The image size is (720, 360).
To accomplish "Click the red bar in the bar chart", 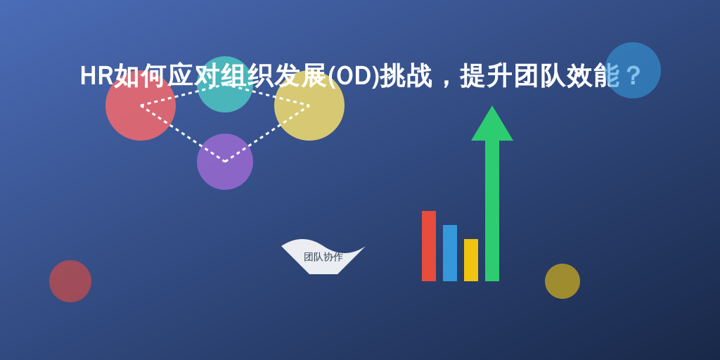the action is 429,246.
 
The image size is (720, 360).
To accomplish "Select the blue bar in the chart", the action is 450,253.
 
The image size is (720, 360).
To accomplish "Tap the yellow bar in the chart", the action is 471,260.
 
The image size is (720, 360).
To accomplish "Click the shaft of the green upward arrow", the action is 492,211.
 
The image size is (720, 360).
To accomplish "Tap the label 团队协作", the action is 323,257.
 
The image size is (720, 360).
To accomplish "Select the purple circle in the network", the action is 225,162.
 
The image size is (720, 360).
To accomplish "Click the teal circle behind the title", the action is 225,84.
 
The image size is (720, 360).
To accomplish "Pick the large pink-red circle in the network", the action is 141,105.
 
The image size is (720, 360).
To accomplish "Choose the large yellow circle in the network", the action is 309,105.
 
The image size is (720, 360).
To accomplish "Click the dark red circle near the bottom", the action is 70,281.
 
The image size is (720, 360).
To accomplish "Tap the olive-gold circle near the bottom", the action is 562,281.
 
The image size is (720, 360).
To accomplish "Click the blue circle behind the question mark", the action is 633,70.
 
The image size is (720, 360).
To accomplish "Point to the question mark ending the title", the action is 634,76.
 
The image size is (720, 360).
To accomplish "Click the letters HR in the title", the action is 96,76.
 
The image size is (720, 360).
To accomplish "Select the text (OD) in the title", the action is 354,76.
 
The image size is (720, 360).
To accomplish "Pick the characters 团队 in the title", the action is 539,76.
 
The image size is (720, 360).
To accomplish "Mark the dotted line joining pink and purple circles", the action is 183,134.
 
